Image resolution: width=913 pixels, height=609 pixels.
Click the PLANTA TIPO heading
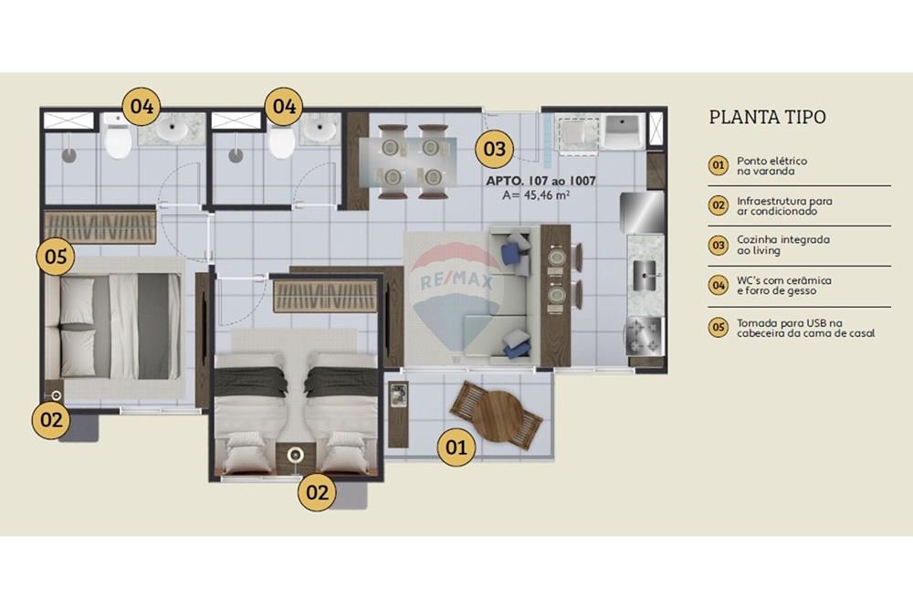768,117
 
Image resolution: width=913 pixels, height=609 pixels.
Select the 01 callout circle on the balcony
457,446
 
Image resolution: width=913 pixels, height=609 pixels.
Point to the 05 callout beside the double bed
57,257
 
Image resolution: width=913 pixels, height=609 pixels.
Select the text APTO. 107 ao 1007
541,181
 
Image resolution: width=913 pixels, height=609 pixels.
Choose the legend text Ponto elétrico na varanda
771,165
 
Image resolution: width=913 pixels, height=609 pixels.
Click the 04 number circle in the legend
719,286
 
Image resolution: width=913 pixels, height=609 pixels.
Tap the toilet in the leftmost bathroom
118,140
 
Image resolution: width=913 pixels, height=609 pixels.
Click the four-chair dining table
407,161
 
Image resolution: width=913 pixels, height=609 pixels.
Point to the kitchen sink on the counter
648,268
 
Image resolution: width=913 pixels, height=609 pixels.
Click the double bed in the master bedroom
114,325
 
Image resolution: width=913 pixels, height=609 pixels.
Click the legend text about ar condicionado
784,205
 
